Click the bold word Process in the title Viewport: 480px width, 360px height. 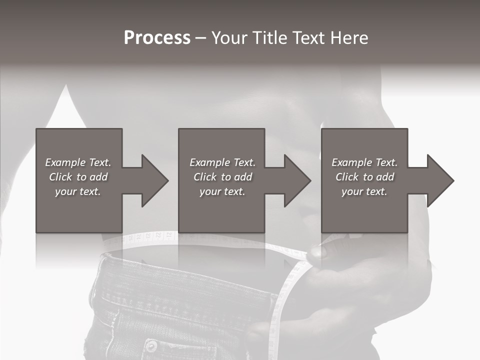tap(157, 38)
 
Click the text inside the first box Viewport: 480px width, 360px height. tap(78, 177)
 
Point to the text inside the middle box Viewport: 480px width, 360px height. tap(222, 177)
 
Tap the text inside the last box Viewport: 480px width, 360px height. tap(364, 177)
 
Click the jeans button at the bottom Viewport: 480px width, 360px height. tap(150, 346)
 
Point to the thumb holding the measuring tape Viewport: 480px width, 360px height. tap(318, 251)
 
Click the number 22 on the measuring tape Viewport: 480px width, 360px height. tap(159, 234)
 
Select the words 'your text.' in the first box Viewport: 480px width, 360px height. tap(78, 191)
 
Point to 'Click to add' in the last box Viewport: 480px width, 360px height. tap(364, 177)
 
